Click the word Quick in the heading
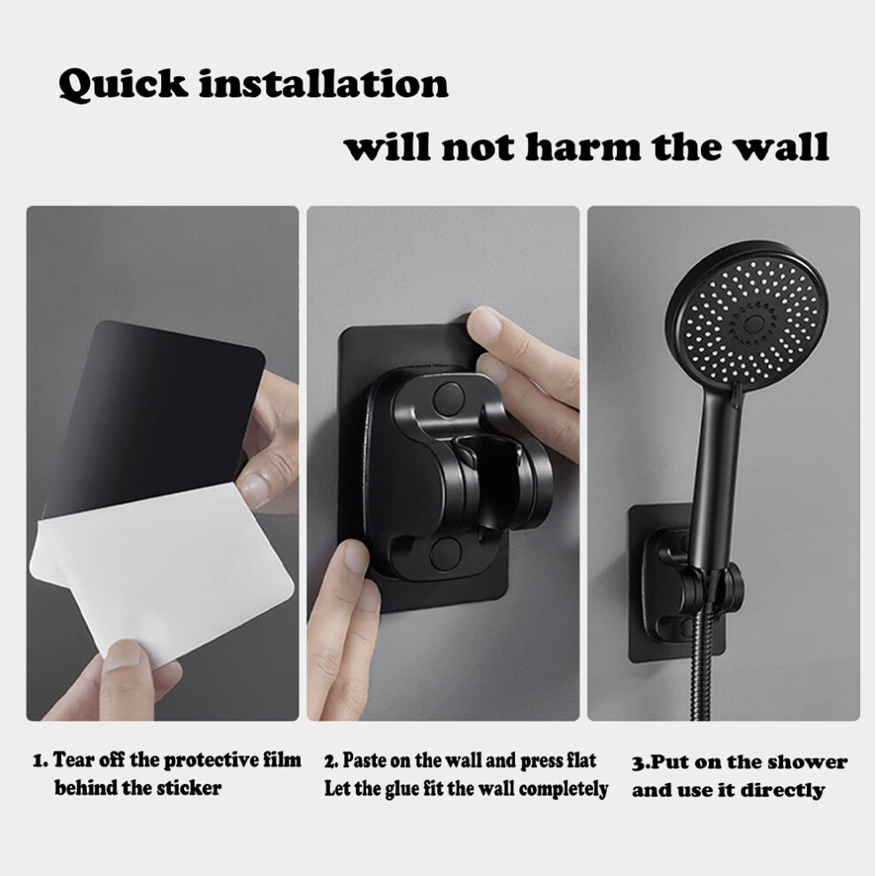122,86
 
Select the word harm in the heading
584,147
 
